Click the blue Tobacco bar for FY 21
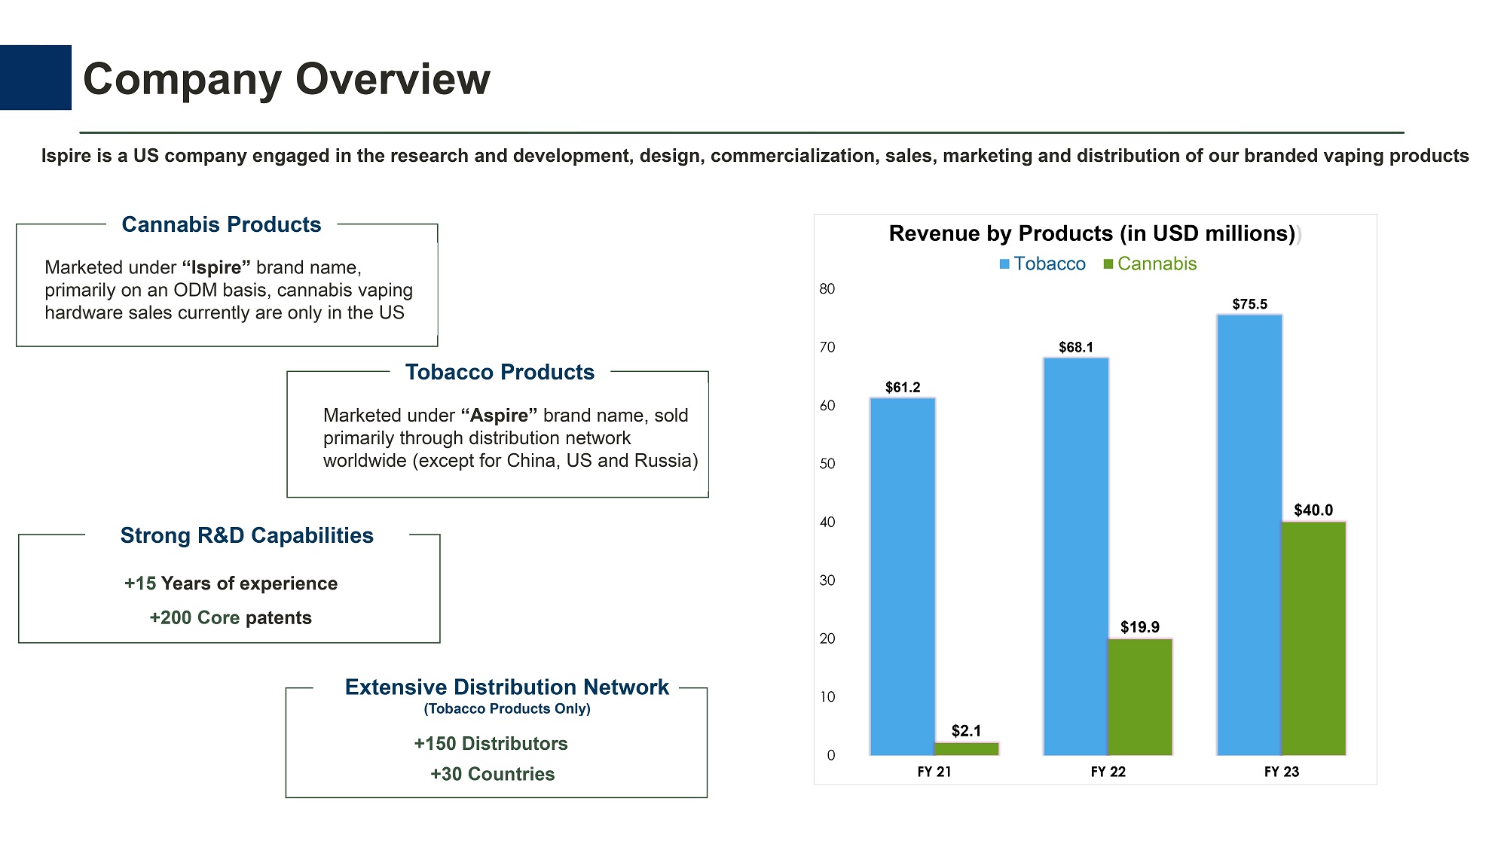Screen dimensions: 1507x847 tap(903, 576)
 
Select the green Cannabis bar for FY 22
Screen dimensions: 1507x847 tap(1140, 696)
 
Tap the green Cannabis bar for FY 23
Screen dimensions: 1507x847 tap(1313, 638)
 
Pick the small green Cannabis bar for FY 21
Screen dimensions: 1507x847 tap(967, 748)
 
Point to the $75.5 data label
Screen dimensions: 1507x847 tap(1250, 304)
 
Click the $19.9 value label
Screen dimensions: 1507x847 tap(1140, 627)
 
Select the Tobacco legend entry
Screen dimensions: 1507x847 tap(1043, 264)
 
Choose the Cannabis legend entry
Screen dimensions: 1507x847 tap(1151, 264)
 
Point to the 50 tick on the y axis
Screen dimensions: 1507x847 tap(827, 464)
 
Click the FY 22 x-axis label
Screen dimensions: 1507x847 tap(1108, 772)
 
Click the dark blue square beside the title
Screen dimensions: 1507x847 tap(35, 78)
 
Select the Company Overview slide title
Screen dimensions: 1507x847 tap(286, 79)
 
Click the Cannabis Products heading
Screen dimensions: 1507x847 tap(222, 224)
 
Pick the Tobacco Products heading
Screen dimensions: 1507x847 tap(500, 372)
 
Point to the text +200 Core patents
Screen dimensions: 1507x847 tap(231, 618)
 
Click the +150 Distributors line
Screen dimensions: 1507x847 tap(491, 744)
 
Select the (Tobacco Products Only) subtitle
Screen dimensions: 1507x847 tap(507, 708)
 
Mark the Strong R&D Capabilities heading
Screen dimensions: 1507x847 tap(246, 535)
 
